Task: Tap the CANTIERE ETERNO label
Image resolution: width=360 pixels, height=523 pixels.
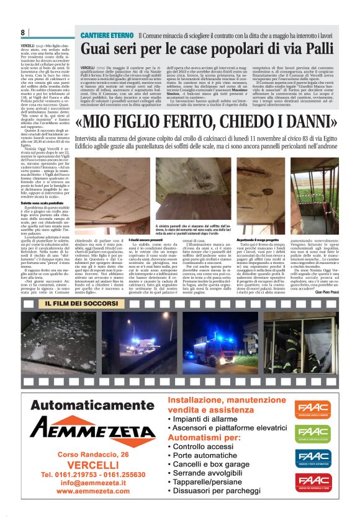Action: pyautogui.click(x=106, y=35)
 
